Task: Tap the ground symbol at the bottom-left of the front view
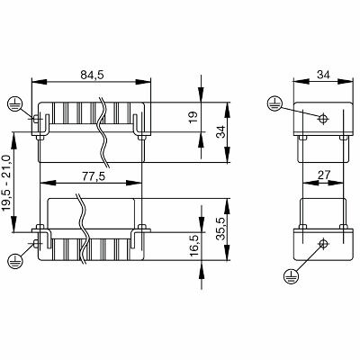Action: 14,260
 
